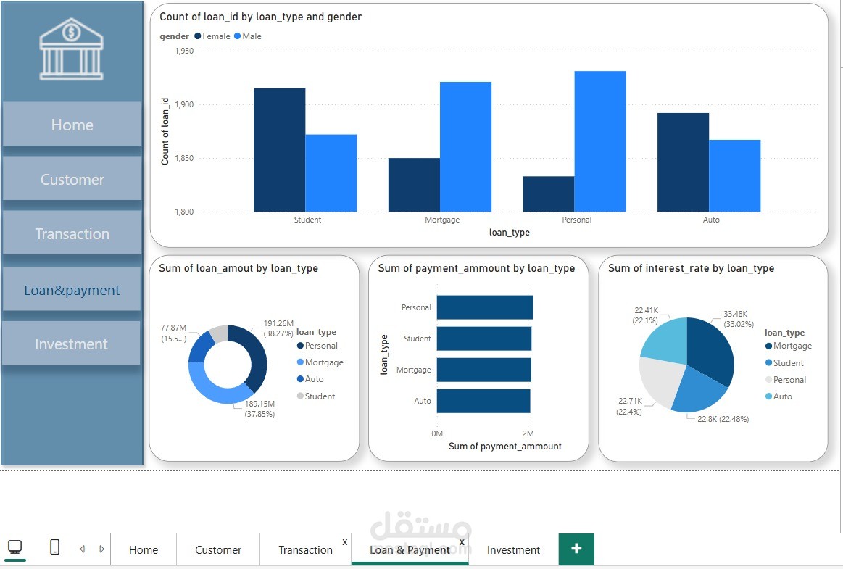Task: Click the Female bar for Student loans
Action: tap(279, 150)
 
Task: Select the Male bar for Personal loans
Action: tap(600, 141)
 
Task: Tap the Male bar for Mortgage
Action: tap(465, 146)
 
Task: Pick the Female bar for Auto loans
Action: tap(683, 162)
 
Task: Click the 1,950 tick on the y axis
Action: tap(184, 51)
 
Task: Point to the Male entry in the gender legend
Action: tap(248, 36)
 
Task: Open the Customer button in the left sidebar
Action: tap(72, 179)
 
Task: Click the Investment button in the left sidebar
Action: tap(71, 344)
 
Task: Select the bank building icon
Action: tap(71, 49)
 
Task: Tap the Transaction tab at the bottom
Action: tap(305, 549)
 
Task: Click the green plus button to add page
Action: tap(576, 549)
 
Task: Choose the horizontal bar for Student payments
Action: tap(483, 339)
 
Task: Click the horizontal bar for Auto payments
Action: tap(483, 401)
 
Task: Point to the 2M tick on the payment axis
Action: tap(528, 433)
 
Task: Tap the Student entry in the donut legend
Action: tap(320, 396)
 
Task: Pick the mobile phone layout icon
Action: tap(55, 547)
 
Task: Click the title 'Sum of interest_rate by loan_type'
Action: tap(691, 268)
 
